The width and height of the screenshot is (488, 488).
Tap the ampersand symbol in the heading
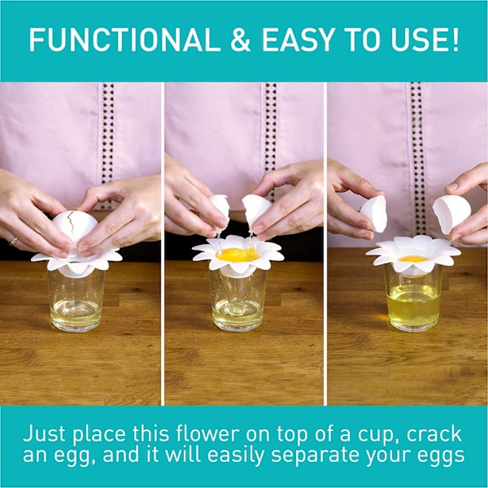[x=241, y=40]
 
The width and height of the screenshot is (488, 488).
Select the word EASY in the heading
[x=298, y=40]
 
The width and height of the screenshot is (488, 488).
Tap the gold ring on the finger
[x=13, y=241]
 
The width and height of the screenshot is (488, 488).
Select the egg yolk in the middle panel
[x=237, y=255]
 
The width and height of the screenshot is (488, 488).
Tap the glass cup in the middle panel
[x=238, y=299]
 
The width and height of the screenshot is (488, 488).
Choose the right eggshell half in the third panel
[x=451, y=213]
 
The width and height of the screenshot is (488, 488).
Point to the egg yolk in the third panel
[x=414, y=259]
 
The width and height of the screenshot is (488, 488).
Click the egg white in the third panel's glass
[x=413, y=304]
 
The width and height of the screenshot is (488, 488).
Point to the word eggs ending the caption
[x=441, y=457]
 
